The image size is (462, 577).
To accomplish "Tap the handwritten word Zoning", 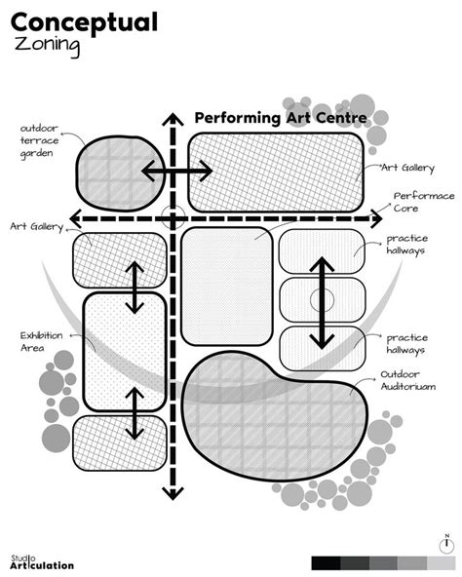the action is (47, 46).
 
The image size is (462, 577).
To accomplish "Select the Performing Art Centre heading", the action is (281, 118).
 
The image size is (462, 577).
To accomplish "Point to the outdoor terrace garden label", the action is (39, 141).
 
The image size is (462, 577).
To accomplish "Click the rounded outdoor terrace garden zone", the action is (121, 173).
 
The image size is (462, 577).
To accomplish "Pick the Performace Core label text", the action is (424, 202).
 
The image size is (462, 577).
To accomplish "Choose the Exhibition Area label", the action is (41, 341).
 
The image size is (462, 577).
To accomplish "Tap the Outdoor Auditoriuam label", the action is (407, 380).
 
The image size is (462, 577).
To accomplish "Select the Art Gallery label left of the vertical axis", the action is (37, 226).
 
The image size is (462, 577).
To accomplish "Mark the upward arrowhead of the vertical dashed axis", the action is (173, 120).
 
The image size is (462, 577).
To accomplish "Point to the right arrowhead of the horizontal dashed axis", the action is (376, 219).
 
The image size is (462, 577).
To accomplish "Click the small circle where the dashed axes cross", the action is (173, 217).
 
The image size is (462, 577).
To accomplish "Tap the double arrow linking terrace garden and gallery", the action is (177, 171).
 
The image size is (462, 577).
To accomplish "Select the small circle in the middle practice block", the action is (322, 300).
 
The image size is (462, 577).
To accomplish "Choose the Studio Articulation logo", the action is (42, 562).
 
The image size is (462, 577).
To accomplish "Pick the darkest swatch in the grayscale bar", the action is (326, 563).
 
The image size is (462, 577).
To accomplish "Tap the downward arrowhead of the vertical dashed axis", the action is (173, 493).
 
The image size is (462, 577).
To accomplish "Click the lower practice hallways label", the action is (407, 343).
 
